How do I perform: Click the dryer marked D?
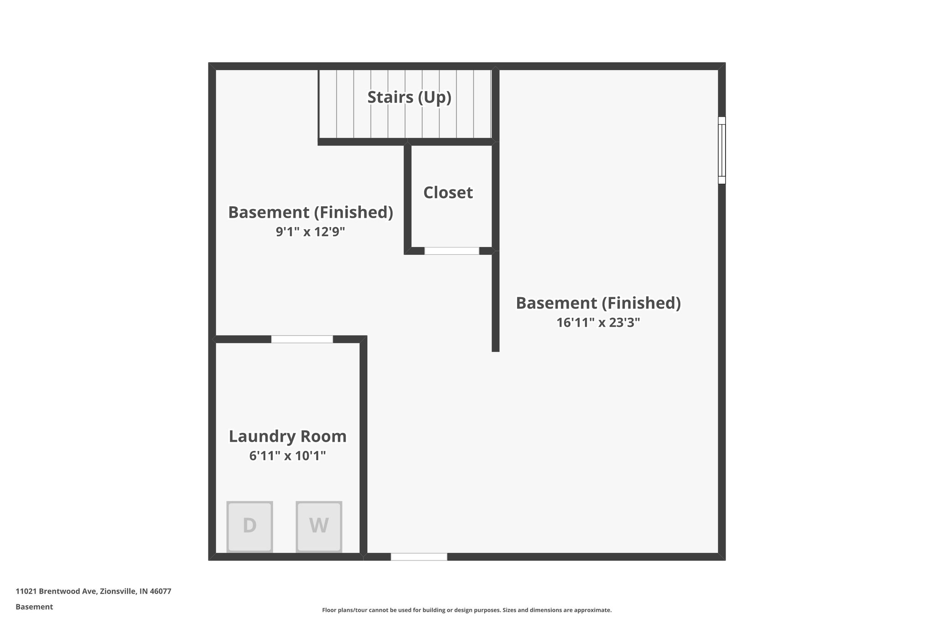(x=249, y=526)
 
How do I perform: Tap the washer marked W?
(x=319, y=526)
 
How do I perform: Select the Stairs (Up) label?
(x=409, y=97)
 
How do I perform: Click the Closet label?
(x=448, y=193)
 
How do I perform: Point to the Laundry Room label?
(x=287, y=436)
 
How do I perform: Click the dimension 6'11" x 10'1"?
(x=287, y=455)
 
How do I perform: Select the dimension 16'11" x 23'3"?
(x=598, y=323)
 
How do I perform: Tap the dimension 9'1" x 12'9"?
(x=310, y=232)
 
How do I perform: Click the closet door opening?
(x=451, y=251)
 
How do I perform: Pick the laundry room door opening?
(x=302, y=339)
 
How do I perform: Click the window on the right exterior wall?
(x=721, y=150)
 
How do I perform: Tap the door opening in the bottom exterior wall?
(x=419, y=556)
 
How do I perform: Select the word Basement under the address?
(x=34, y=607)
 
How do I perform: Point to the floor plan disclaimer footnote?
(x=467, y=610)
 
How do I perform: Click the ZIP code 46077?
(x=161, y=591)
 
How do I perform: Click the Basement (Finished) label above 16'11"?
(x=598, y=303)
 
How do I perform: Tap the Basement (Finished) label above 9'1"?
(x=310, y=213)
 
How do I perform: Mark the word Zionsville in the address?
(x=118, y=591)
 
